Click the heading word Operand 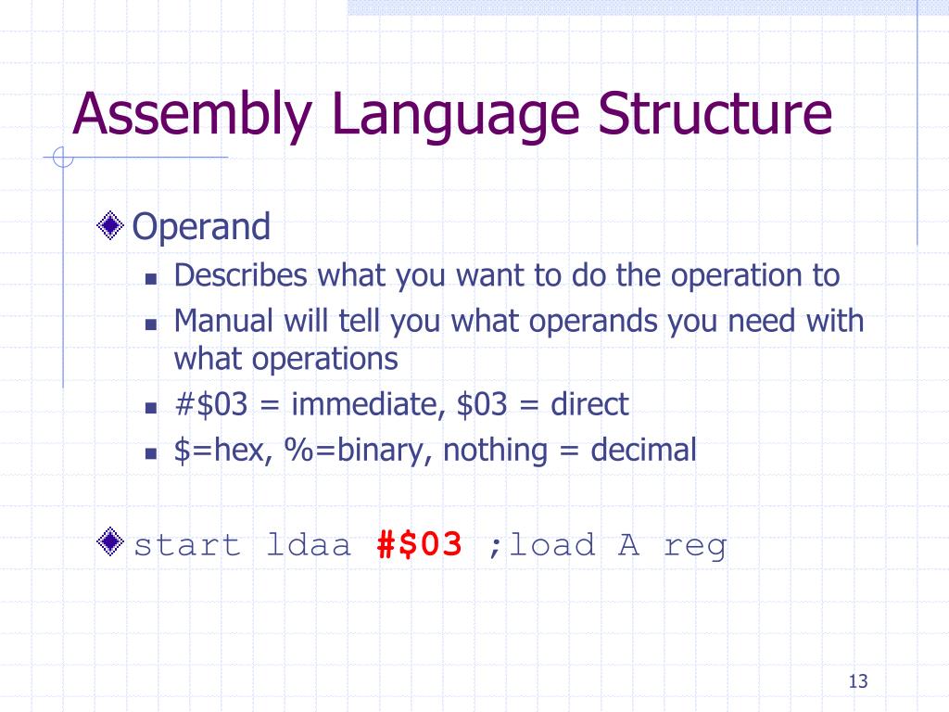202,226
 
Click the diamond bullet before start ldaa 111,541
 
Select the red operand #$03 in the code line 420,544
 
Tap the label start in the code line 187,545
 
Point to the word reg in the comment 695,545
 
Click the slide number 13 856,682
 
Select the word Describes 242,275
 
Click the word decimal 643,451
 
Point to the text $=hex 221,451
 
